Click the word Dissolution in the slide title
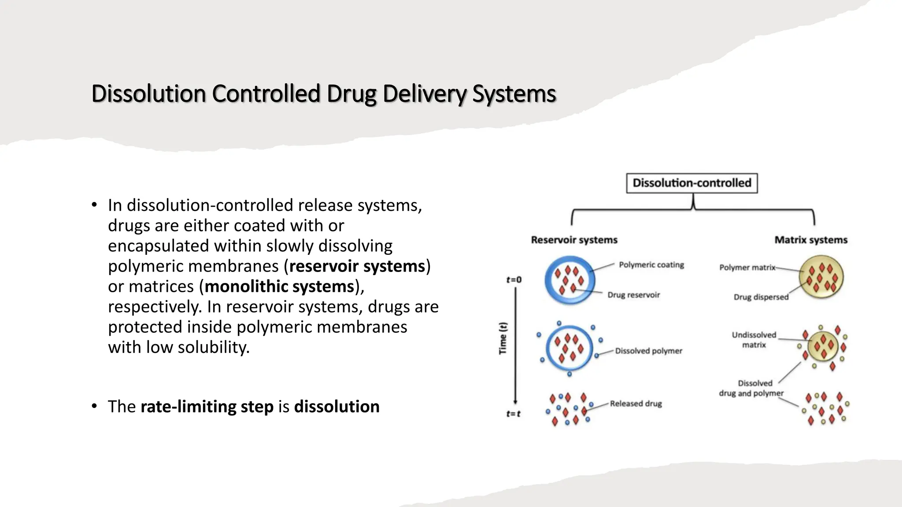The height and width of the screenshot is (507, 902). (x=148, y=94)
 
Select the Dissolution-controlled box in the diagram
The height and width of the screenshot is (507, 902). (x=691, y=183)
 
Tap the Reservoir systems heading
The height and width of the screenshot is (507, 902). (x=574, y=240)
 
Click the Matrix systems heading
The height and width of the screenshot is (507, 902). (x=811, y=240)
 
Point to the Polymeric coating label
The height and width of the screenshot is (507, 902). (x=651, y=265)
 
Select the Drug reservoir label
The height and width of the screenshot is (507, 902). (x=633, y=295)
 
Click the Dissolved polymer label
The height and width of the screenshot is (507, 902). (x=648, y=351)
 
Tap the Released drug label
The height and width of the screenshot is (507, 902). (x=636, y=404)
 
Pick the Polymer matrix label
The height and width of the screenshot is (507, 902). (x=747, y=267)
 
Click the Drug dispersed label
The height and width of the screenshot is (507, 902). (x=761, y=297)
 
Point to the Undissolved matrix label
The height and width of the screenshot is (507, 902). (x=754, y=340)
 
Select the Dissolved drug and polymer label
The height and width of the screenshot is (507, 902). (x=751, y=388)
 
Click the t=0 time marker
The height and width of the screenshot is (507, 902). (x=514, y=280)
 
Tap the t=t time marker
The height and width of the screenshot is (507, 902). (x=513, y=414)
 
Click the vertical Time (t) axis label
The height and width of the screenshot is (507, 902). (x=503, y=338)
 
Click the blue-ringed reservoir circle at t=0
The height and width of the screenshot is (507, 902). (x=569, y=280)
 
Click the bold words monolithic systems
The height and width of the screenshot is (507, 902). (x=280, y=287)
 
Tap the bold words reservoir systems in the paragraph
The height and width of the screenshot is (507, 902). (x=357, y=266)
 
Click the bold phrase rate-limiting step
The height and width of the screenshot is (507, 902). (x=207, y=407)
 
